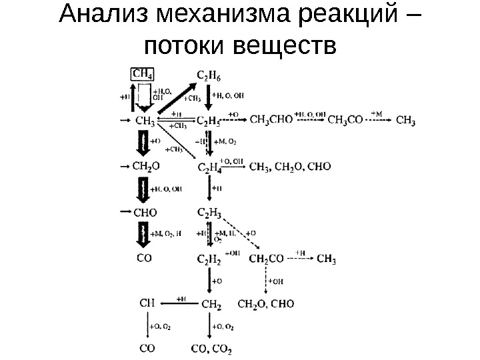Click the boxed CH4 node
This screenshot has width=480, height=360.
141,73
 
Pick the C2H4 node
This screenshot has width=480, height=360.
210,167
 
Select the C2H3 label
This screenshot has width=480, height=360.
210,213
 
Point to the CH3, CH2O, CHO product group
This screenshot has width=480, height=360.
289,167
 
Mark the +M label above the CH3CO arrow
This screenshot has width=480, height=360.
377,113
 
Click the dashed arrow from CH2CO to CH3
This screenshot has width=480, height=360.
299,259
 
